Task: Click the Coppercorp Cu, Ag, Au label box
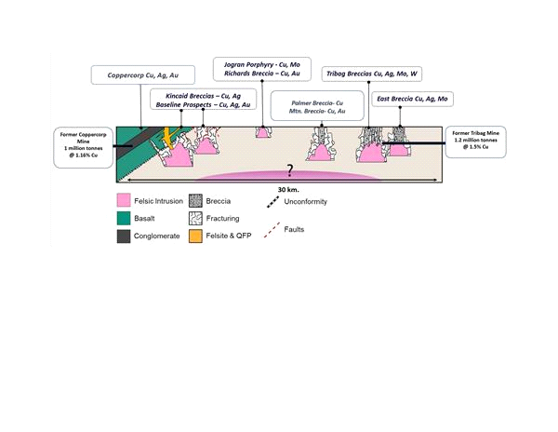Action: [143, 75]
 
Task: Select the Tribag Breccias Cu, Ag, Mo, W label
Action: [372, 74]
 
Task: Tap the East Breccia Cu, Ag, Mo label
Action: [412, 99]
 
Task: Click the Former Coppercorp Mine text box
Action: [84, 147]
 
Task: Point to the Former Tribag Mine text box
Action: [475, 142]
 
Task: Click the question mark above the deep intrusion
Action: [290, 170]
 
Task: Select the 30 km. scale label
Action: [288, 190]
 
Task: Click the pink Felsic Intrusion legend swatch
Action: [124, 201]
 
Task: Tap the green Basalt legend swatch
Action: [124, 218]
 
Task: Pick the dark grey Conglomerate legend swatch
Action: [124, 236]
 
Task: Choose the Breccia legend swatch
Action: [195, 201]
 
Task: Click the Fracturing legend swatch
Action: [195, 218]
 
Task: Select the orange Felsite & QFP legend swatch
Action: [195, 236]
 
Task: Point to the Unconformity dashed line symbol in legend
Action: [273, 202]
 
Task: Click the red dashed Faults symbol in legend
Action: [272, 230]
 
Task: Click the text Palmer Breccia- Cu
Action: [317, 103]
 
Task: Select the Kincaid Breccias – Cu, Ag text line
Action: [203, 96]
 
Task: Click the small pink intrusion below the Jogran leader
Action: [262, 133]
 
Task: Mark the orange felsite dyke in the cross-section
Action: [168, 138]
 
